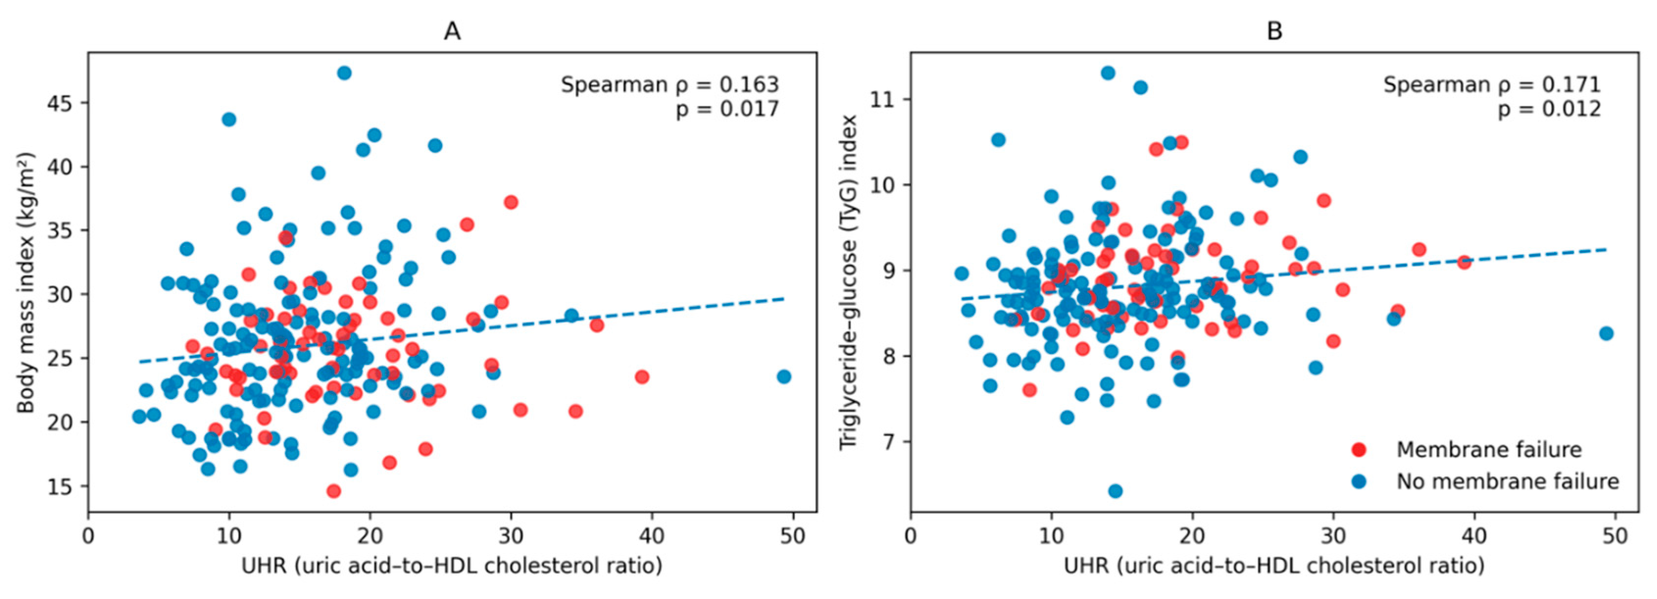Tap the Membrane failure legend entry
pyautogui.click(x=1488, y=449)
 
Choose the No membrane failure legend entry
pyautogui.click(x=1507, y=481)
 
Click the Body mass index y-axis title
pyautogui.click(x=25, y=283)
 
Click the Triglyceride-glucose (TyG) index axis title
pyautogui.click(x=848, y=282)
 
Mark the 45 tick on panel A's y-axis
pyautogui.click(x=59, y=103)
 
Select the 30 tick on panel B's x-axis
pyautogui.click(x=1333, y=536)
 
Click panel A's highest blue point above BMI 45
pyautogui.click(x=344, y=73)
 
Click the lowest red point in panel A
pyautogui.click(x=333, y=491)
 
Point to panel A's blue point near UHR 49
pyautogui.click(x=784, y=376)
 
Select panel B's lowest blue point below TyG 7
pyautogui.click(x=1115, y=491)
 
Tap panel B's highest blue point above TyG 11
pyautogui.click(x=1108, y=73)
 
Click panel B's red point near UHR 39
pyautogui.click(x=1464, y=262)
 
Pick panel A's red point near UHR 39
pyautogui.click(x=642, y=376)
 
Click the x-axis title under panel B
pyautogui.click(x=1274, y=566)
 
